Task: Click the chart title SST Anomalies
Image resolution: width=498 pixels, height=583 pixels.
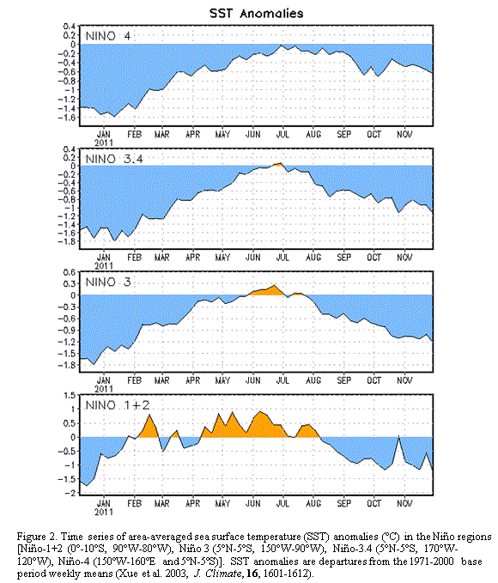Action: pyautogui.click(x=256, y=14)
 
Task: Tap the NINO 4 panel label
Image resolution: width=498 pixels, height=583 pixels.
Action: pyautogui.click(x=108, y=36)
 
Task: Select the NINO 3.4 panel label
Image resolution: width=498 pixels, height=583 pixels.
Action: pyautogui.click(x=114, y=159)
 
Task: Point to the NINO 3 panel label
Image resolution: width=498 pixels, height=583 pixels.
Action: pyautogui.click(x=108, y=282)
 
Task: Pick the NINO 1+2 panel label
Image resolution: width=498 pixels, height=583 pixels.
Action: pyautogui.click(x=118, y=405)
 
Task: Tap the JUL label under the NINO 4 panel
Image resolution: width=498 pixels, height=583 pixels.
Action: pyautogui.click(x=282, y=134)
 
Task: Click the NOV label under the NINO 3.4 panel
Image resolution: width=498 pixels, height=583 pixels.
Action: pyautogui.click(x=404, y=258)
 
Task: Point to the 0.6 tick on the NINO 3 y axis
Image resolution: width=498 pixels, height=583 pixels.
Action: pyautogui.click(x=70, y=272)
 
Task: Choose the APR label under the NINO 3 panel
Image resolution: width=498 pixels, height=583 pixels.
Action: pyautogui.click(x=192, y=380)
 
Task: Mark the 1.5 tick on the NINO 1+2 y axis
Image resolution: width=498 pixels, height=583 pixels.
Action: pyautogui.click(x=70, y=395)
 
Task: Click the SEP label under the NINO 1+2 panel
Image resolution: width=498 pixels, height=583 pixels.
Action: pyautogui.click(x=344, y=503)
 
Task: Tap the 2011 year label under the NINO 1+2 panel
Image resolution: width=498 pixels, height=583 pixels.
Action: pyautogui.click(x=104, y=512)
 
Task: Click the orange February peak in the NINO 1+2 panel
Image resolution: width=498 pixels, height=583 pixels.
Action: pyautogui.click(x=149, y=426)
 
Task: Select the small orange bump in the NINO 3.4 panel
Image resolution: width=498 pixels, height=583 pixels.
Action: pyautogui.click(x=276, y=164)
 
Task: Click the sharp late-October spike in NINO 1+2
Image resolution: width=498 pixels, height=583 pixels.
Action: pyautogui.click(x=398, y=436)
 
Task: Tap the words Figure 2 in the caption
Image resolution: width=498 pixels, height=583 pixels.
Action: pyautogui.click(x=37, y=537)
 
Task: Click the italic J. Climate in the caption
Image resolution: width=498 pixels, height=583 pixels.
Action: pyautogui.click(x=217, y=574)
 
